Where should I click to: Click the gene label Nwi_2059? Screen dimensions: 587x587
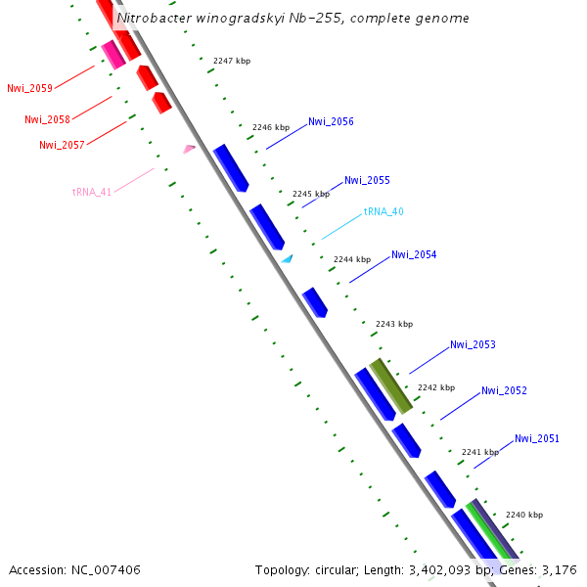tap(29, 88)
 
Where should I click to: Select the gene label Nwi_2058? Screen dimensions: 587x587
tap(47, 119)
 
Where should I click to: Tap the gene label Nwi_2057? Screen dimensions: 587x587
tap(62, 145)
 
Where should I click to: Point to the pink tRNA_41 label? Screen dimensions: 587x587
tap(91, 192)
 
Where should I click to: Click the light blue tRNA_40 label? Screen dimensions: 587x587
tap(384, 211)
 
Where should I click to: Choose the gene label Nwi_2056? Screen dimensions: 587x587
tap(331, 122)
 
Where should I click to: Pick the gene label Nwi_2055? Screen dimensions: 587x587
tap(367, 180)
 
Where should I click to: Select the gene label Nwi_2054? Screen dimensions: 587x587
tap(414, 254)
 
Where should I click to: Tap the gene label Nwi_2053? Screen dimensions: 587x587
tap(473, 344)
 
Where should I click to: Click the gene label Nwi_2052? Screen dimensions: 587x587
tap(504, 390)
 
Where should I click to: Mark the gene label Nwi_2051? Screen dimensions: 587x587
tap(537, 438)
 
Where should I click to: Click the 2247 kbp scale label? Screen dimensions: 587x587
tap(232, 61)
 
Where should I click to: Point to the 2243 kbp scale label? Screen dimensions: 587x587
tap(394, 324)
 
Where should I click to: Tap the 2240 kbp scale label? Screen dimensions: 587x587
tap(524, 515)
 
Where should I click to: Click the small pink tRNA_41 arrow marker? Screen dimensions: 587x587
tap(189, 149)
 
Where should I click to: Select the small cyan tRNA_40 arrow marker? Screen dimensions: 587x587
tap(288, 259)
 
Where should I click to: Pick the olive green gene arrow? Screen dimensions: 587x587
tap(390, 384)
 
